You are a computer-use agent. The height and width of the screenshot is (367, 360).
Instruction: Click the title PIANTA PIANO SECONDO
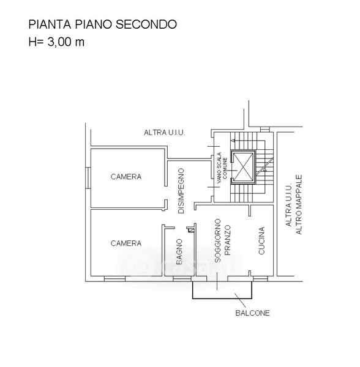coord(103,24)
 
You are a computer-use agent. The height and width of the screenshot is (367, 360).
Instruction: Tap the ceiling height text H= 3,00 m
coord(56,42)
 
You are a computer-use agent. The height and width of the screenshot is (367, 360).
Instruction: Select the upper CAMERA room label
coord(126,177)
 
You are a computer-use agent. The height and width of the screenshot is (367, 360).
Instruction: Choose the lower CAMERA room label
coord(126,243)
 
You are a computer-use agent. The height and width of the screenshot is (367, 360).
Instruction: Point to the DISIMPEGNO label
coord(181,191)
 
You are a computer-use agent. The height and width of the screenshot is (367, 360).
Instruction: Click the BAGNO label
coord(179,251)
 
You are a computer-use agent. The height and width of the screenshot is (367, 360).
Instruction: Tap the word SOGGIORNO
coord(218,240)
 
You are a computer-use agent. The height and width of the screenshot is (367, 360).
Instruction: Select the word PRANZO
coord(227,240)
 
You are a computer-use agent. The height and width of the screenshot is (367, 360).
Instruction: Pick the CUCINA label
coord(261,240)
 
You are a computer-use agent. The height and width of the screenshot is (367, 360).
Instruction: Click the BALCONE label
coord(252,313)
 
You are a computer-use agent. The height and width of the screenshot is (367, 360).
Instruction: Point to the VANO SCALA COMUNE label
coord(222,168)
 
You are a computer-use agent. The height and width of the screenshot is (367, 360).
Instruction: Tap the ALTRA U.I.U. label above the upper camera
coord(165,133)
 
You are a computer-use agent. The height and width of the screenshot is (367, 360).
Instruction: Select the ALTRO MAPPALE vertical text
coord(299,204)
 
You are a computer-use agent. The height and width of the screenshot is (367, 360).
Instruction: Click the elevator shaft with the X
coord(243,167)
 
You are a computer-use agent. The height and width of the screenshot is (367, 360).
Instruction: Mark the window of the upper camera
coord(88,177)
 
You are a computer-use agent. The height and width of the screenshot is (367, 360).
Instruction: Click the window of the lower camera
coord(114,279)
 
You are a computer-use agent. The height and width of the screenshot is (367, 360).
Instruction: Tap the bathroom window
coord(182,279)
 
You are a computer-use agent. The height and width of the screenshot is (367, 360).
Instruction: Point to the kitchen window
coord(260,279)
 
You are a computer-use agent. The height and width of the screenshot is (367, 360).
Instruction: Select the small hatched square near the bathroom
coord(192,231)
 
